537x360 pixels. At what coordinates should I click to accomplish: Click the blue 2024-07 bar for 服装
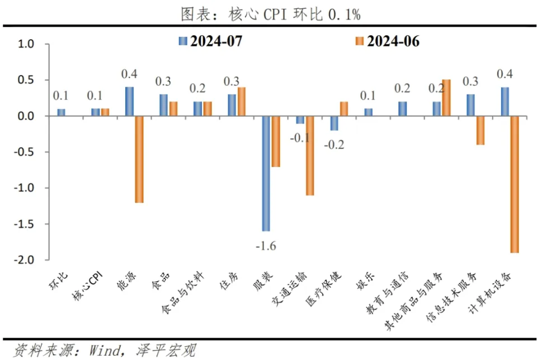[x=266, y=173]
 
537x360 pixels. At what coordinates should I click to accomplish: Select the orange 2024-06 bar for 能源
[x=139, y=159]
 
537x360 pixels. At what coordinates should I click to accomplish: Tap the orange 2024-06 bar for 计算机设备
[x=514, y=184]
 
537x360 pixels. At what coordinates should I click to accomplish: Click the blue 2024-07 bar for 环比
[x=61, y=112]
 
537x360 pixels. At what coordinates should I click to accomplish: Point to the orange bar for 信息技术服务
[x=480, y=130]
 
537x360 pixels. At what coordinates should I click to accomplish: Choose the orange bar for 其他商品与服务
[x=446, y=98]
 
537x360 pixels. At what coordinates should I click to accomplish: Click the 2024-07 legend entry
[x=209, y=41]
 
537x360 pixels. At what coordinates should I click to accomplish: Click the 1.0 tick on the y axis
[x=26, y=44]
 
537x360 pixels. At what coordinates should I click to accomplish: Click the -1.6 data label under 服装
[x=265, y=245]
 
